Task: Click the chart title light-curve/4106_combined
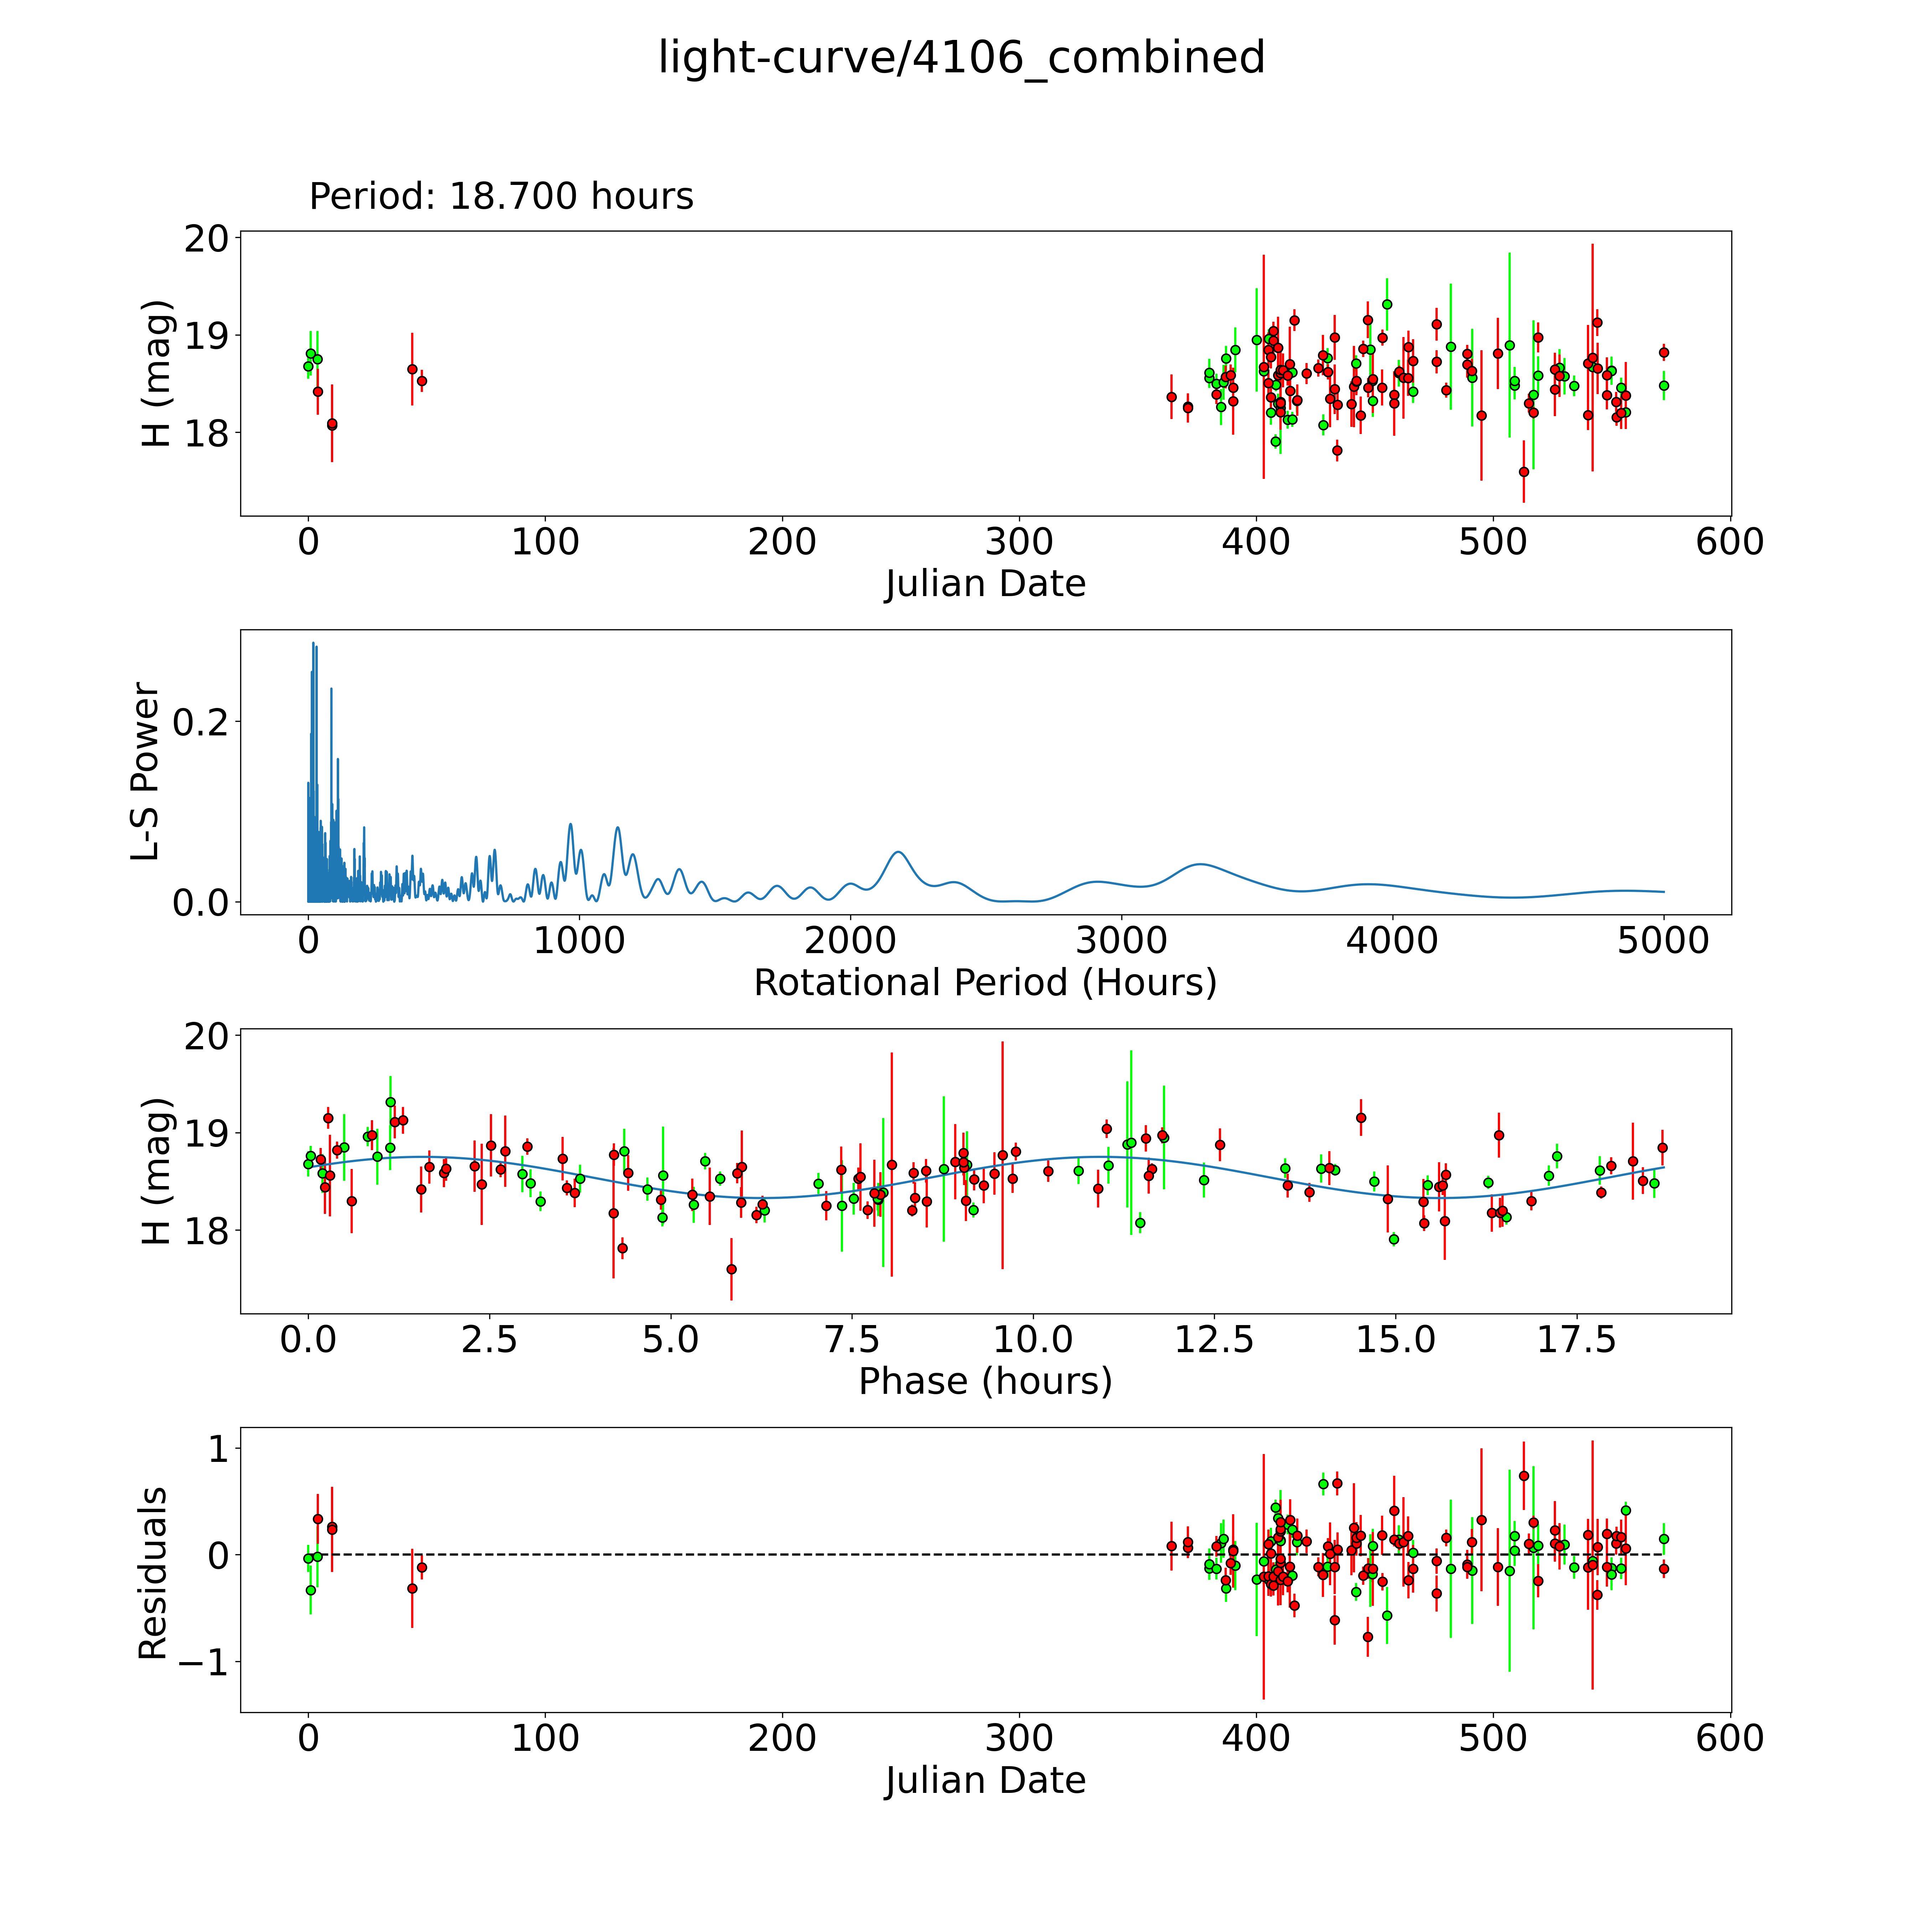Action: [961, 58]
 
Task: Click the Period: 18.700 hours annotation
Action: [501, 196]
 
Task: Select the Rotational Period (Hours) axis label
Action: [985, 983]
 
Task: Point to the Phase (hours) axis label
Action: [985, 1381]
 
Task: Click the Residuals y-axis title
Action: [152, 1573]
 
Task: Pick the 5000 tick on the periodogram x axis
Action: [1663, 941]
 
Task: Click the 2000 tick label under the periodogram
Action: [850, 941]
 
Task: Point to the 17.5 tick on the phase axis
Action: [1576, 1339]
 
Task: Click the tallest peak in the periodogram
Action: [313, 643]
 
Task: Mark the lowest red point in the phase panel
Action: [731, 1269]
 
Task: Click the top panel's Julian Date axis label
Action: [985, 584]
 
